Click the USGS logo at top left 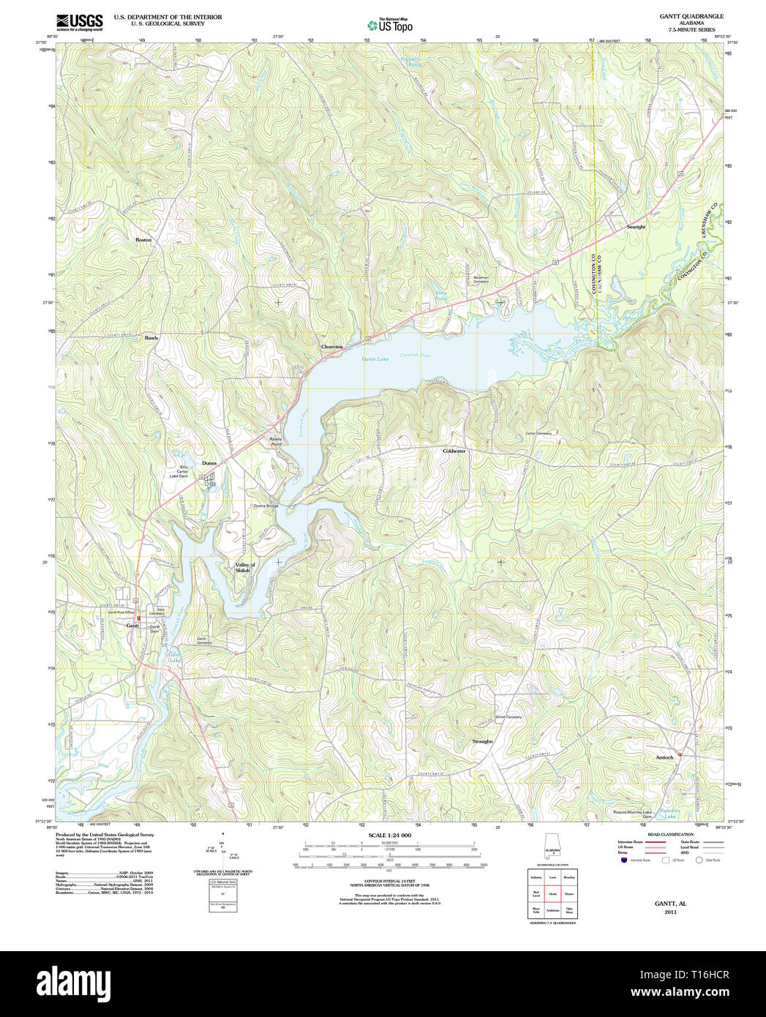click(80, 22)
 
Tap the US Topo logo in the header click(390, 25)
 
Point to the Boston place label click(143, 240)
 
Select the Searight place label click(636, 227)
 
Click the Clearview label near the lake click(332, 346)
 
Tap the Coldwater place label click(454, 451)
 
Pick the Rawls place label click(151, 338)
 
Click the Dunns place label click(209, 463)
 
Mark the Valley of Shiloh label click(245, 568)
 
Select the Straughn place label click(482, 741)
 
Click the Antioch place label click(664, 757)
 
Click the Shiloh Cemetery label click(508, 717)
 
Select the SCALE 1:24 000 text click(389, 835)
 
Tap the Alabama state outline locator click(552, 845)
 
